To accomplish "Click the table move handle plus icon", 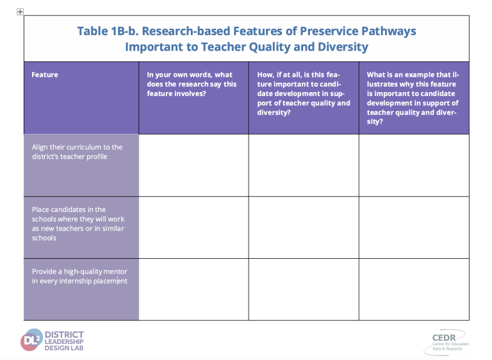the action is tap(20, 12).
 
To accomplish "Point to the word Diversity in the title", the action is tap(343, 47).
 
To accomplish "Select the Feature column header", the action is tap(45, 75).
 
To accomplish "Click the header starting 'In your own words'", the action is tap(192, 84).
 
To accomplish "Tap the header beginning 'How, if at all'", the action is tap(304, 94).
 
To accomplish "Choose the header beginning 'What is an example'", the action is tap(413, 98).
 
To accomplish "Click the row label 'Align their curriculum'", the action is tap(77, 152).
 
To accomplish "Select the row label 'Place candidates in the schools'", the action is tap(78, 224).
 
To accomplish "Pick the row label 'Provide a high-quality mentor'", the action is tap(79, 276).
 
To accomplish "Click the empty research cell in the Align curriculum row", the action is tap(193, 165).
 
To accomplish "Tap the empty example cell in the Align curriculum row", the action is tap(414, 165).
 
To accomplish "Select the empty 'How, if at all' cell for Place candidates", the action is tap(304, 227).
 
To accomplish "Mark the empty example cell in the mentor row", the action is tap(414, 290).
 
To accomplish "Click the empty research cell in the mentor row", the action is tap(193, 290).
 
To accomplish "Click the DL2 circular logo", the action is tap(31, 340).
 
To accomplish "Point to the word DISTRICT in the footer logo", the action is tap(64, 334).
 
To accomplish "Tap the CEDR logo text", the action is tap(444, 338).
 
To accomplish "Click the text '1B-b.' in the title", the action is tap(125, 31).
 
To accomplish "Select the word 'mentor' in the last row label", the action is tap(115, 272).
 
